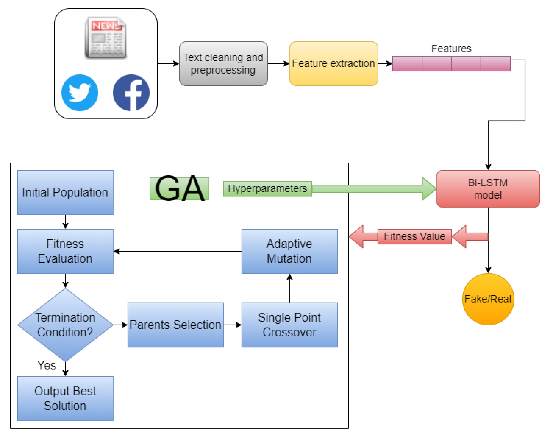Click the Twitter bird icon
(80, 93)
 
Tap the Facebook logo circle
(131, 93)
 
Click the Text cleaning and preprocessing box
(223, 64)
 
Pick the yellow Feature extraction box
(334, 64)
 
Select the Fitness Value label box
(414, 237)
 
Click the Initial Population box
(65, 192)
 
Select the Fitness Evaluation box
(65, 251)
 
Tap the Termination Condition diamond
(65, 325)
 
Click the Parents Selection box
(175, 325)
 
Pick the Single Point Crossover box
(289, 325)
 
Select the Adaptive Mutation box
(289, 251)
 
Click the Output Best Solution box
(65, 398)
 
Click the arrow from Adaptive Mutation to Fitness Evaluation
(178, 251)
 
